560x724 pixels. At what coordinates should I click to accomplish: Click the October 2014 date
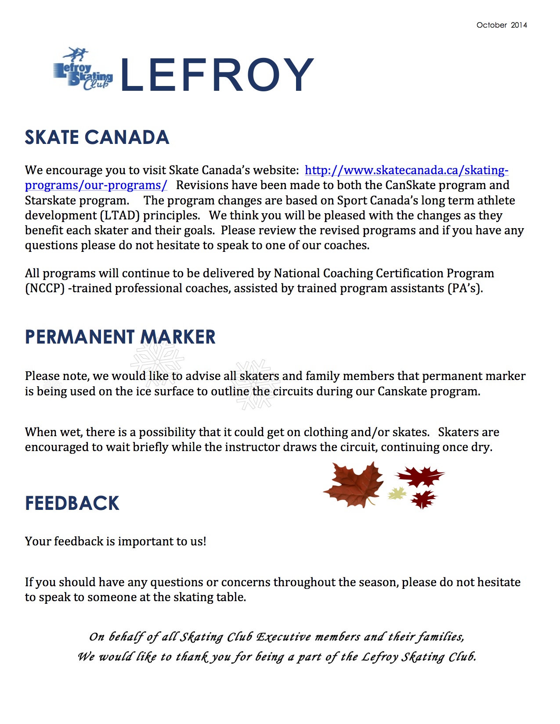coord(502,25)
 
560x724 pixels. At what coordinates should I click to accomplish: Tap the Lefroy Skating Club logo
coord(83,70)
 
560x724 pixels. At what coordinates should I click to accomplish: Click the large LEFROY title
coord(217,75)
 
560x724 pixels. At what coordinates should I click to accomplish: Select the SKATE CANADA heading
coord(97,137)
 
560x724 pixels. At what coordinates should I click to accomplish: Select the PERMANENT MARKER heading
coord(120,337)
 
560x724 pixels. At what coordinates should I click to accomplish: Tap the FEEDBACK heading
coord(72,503)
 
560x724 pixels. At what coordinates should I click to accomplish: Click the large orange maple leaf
coord(354,485)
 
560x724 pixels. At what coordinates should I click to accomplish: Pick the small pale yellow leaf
coord(397,494)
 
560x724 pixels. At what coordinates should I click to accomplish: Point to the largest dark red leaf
coord(420,476)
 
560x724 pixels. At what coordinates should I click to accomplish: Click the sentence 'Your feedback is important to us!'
coord(116,541)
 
